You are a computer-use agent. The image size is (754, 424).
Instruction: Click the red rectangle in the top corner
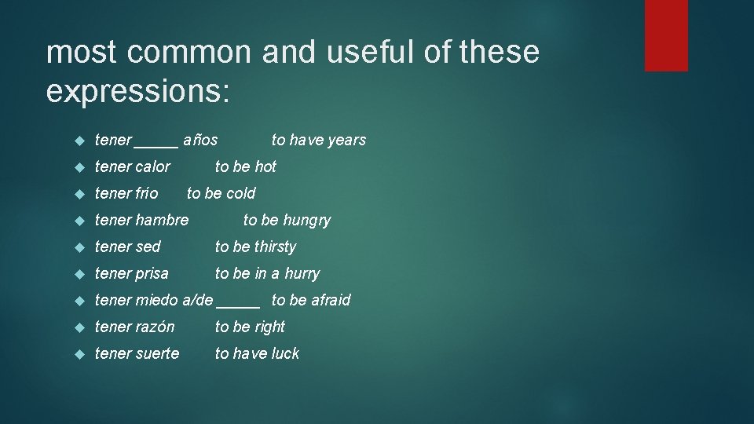pos(666,35)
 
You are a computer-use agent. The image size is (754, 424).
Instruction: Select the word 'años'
pos(200,140)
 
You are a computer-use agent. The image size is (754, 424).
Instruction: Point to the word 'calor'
pos(152,166)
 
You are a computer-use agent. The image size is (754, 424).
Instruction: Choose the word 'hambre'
pos(163,220)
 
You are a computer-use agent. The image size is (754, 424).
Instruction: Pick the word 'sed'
pos(148,247)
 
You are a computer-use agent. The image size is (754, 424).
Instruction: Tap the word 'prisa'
pos(152,273)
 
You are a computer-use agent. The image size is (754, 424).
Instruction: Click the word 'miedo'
pos(156,300)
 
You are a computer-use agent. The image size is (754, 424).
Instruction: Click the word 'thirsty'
pos(275,247)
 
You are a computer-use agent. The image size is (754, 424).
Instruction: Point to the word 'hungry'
pos(307,221)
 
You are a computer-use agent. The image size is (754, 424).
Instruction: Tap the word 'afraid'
pos(331,300)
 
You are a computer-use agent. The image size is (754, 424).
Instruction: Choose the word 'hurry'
pos(302,274)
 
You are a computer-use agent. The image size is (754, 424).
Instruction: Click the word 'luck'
pos(285,353)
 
